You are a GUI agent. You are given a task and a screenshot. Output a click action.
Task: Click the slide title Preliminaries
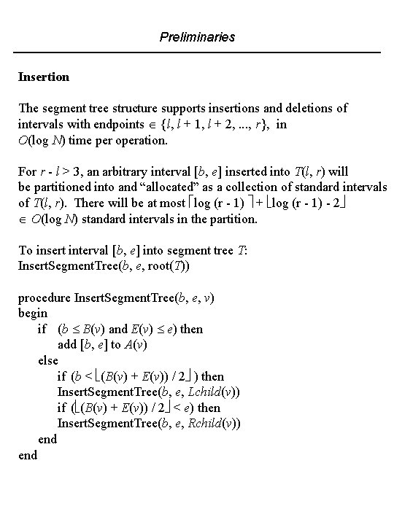point(197,36)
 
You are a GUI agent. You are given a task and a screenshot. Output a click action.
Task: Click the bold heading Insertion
point(43,76)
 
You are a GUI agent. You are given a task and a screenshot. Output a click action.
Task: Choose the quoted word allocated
point(167,187)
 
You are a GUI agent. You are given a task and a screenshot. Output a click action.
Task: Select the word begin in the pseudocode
point(33,313)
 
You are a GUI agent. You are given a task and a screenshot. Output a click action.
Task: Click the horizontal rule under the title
point(197,52)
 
